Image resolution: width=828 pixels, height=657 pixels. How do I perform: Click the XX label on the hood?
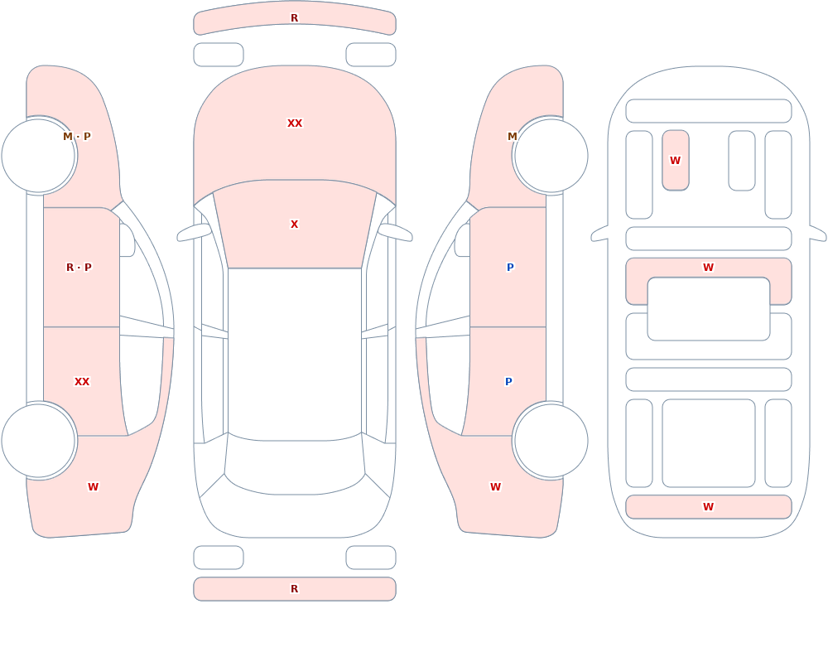click(x=295, y=123)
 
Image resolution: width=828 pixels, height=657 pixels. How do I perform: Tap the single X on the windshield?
click(x=295, y=225)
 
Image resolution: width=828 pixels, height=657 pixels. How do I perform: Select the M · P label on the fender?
click(x=77, y=137)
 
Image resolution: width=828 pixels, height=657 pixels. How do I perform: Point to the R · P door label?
click(x=79, y=268)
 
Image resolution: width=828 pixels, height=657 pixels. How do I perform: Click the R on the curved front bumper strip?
click(x=295, y=18)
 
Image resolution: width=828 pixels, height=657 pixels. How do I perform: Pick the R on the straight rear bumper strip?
click(x=295, y=589)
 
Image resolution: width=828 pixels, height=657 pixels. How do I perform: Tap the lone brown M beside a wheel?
click(x=513, y=137)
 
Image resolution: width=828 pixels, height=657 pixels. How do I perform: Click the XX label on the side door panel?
click(x=82, y=382)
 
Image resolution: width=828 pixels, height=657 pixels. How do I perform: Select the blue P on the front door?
click(x=510, y=268)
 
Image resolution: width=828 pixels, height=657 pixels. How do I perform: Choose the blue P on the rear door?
click(x=508, y=382)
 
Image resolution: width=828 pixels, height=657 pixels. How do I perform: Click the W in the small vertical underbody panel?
click(x=676, y=161)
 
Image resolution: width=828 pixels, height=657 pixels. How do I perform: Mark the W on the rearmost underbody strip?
click(x=709, y=507)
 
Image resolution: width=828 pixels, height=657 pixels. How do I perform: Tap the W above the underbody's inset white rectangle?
click(x=709, y=268)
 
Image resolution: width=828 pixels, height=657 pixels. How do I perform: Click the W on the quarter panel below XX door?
click(x=93, y=487)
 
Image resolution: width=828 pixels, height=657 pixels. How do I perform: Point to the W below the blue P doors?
click(x=495, y=487)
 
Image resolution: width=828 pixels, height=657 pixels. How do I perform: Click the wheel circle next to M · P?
click(x=39, y=156)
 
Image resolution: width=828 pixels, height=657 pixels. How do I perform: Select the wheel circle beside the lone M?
click(x=551, y=156)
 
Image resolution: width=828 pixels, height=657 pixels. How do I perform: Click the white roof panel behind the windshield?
click(x=295, y=354)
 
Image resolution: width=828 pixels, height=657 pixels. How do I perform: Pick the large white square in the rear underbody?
click(x=709, y=443)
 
